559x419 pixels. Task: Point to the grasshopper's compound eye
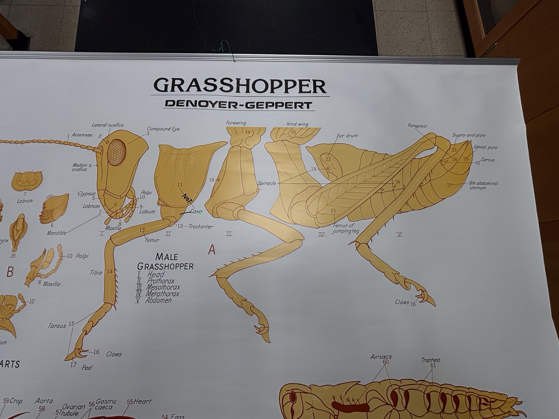(x=117, y=152)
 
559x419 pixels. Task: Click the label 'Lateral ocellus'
(x=107, y=125)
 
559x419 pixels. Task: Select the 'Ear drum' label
(x=347, y=136)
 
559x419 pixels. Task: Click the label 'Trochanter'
(x=200, y=227)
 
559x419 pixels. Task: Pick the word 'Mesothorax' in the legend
(x=163, y=287)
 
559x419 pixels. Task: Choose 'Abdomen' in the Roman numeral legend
(x=158, y=300)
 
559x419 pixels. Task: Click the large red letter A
(x=212, y=250)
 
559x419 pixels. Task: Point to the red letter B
(x=10, y=272)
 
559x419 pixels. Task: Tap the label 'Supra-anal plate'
(x=469, y=135)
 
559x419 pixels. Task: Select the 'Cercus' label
(x=488, y=160)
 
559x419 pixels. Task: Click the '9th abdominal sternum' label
(x=483, y=185)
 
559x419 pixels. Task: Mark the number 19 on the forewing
(x=247, y=132)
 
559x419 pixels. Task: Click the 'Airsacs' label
(x=381, y=357)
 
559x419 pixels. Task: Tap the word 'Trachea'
(x=430, y=360)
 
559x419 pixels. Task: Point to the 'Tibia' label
(x=96, y=273)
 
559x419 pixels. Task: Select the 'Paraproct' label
(x=417, y=126)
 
